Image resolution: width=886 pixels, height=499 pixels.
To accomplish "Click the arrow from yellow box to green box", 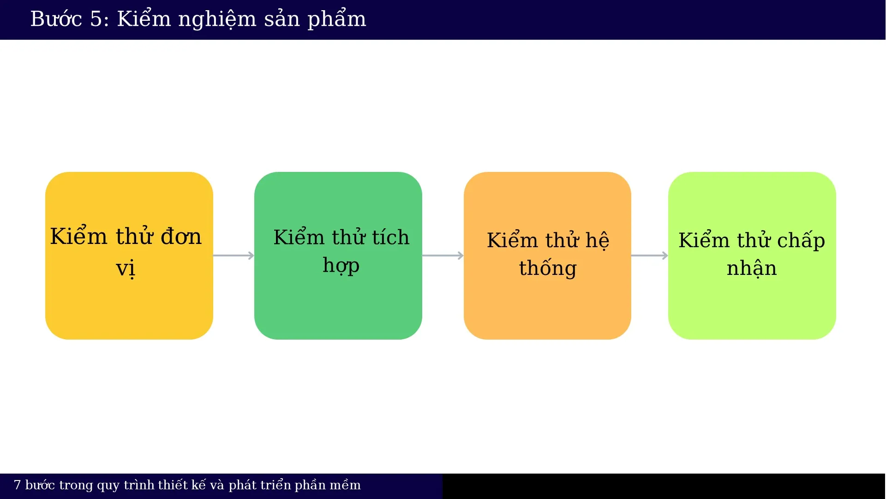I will point(233,256).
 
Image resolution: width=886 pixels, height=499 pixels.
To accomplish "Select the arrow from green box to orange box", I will point(443,256).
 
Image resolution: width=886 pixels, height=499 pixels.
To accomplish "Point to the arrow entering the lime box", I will point(649,256).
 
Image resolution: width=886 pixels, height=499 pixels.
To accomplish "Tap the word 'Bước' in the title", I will point(56,19).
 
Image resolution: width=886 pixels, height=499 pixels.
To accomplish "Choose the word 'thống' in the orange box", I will point(548,268).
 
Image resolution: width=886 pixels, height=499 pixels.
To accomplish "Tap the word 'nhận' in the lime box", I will point(751,268).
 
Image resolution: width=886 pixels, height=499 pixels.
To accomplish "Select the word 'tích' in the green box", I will point(390,237).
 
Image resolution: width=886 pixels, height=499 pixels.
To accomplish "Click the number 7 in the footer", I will point(18,485).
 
